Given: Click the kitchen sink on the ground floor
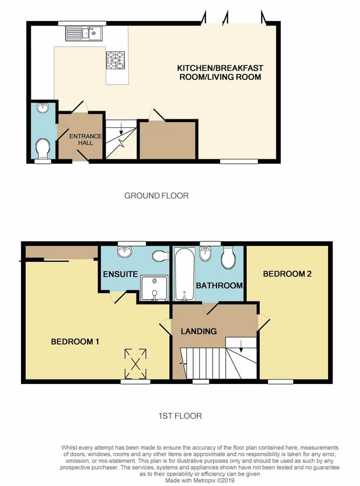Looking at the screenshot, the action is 84,33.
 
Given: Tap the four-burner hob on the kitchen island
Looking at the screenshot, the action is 116,60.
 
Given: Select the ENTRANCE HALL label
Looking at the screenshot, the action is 85,139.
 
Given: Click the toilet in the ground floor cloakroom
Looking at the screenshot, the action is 43,148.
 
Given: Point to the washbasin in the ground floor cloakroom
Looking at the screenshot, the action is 43,107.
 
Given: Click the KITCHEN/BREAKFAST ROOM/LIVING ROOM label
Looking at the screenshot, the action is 220,72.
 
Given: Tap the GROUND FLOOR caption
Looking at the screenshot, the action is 157,195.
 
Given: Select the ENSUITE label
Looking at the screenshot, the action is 120,274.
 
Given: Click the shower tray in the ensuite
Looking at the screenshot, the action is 154,288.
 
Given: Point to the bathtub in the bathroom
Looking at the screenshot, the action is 185,274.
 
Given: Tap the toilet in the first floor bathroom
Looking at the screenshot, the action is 228,258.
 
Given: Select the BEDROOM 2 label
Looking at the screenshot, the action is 287,274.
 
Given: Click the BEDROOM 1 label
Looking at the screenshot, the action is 75,342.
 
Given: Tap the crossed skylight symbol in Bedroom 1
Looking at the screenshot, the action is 135,363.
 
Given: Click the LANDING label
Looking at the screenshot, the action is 199,331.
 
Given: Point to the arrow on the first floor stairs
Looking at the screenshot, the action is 241,346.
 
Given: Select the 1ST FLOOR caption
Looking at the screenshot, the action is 180,416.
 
